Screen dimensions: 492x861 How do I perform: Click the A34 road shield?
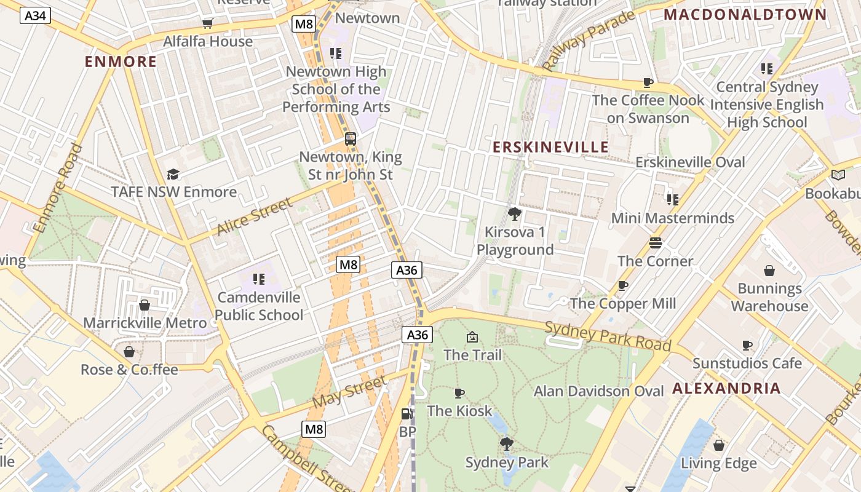point(35,15)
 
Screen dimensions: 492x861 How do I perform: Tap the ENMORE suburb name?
point(121,61)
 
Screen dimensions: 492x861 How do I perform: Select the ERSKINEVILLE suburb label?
point(550,147)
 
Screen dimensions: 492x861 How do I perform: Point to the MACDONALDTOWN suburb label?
point(745,15)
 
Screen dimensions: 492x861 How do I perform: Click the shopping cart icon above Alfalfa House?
point(208,23)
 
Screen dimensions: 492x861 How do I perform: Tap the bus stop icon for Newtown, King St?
point(350,139)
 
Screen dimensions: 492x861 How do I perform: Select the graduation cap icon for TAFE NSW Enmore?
point(173,175)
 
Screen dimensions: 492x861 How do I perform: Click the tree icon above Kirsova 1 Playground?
point(515,214)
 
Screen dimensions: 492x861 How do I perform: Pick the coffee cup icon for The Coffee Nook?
point(648,82)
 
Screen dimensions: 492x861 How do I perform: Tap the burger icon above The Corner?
point(656,243)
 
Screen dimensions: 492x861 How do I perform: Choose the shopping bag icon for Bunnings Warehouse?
point(769,271)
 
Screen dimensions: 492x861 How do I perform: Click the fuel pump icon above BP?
point(407,415)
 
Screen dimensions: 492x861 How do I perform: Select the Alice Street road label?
point(254,216)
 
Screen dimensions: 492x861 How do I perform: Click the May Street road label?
point(350,392)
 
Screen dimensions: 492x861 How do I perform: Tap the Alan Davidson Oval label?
point(598,391)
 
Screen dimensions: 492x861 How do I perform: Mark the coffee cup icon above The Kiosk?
point(459,393)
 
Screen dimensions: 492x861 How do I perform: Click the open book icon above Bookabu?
point(838,175)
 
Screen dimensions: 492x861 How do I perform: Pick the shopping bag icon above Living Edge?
point(718,445)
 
